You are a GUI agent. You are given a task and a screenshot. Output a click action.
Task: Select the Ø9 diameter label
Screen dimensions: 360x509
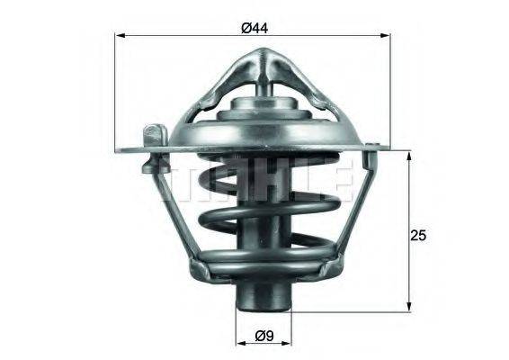click(263, 337)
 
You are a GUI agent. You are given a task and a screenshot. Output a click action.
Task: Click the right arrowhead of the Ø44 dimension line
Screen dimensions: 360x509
click(391, 36)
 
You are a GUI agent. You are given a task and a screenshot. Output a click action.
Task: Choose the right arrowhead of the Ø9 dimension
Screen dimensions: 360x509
click(290, 344)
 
